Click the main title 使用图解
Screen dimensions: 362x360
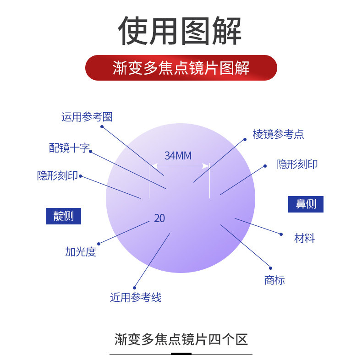[181, 31]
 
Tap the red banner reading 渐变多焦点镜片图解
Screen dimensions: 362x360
[181, 68]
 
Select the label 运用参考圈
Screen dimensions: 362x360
[87, 117]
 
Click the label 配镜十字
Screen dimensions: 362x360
[69, 148]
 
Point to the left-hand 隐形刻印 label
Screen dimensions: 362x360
[57, 175]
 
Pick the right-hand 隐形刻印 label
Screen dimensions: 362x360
[297, 164]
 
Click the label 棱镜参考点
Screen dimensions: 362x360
[278, 134]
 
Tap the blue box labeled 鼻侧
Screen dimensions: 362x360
[306, 204]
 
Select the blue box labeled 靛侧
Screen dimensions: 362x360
[63, 216]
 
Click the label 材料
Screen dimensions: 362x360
[304, 238]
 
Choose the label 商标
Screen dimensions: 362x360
[274, 280]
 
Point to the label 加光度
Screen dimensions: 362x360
[81, 251]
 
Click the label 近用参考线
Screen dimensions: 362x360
[136, 297]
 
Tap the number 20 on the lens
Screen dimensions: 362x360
[159, 218]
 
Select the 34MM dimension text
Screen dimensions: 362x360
[178, 156]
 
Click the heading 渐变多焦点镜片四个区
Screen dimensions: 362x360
[181, 339]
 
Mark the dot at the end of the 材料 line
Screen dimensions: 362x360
[281, 234]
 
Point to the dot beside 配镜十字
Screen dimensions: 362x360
[90, 151]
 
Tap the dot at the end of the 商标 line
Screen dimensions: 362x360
[270, 268]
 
